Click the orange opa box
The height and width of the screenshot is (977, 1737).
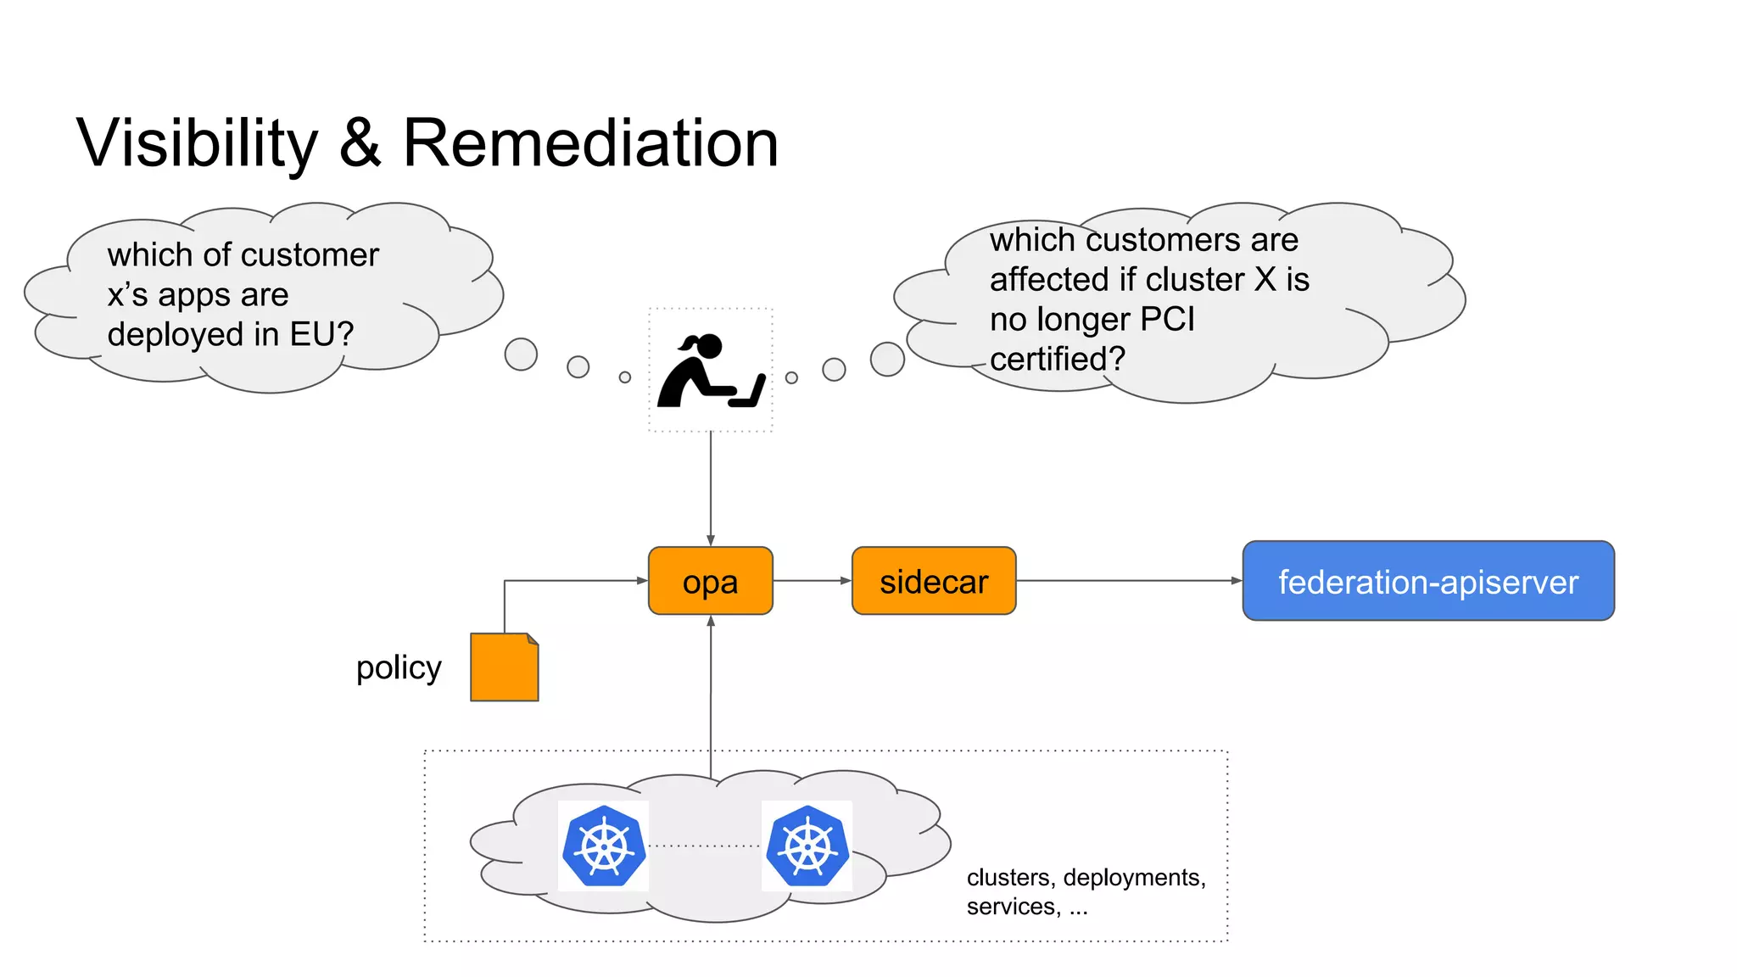(710, 581)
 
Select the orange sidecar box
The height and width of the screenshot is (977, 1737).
(933, 581)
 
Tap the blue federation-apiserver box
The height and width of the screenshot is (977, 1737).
(1427, 581)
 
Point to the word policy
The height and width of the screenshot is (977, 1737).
(399, 667)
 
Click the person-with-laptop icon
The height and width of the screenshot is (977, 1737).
(711, 371)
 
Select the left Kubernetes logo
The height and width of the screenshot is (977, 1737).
(603, 846)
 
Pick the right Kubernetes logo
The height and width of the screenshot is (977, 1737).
(807, 846)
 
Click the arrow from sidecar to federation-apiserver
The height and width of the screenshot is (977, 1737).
(1128, 581)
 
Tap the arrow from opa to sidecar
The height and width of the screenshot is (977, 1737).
(812, 581)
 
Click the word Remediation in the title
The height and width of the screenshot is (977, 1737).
(590, 142)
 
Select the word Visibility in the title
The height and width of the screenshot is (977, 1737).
(197, 142)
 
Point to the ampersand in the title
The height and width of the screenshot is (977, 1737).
(360, 142)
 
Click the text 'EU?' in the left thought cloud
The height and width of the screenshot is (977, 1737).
(321, 334)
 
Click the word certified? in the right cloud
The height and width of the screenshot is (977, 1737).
(1057, 360)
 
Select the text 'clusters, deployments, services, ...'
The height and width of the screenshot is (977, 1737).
(1086, 891)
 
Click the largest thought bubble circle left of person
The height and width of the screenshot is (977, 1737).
(521, 355)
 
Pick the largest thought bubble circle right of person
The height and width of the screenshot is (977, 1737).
(887, 359)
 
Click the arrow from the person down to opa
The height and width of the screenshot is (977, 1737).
(711, 488)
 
